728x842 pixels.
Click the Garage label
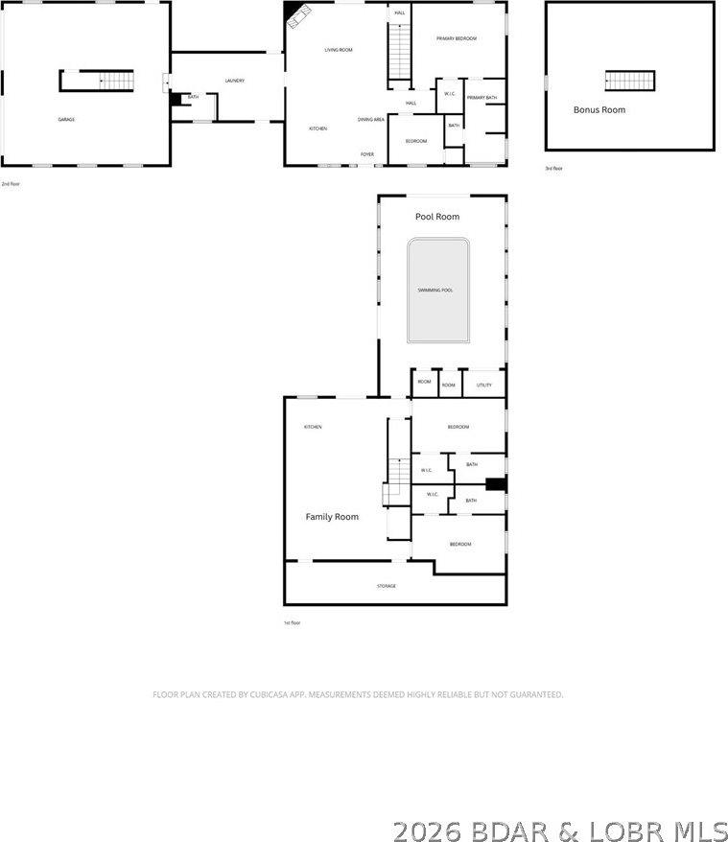click(66, 119)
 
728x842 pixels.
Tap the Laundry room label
click(235, 81)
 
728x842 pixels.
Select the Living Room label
click(338, 50)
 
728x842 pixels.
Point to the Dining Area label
click(371, 119)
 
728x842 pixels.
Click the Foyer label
click(367, 153)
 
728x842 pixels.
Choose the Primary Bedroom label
click(457, 38)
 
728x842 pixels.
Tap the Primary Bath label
click(481, 98)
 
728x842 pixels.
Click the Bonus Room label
click(599, 110)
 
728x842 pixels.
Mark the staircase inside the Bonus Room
click(630, 80)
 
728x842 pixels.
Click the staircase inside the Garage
click(115, 81)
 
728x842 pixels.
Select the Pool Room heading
click(437, 217)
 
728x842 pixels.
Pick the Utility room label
click(484, 385)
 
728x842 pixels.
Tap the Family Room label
click(332, 517)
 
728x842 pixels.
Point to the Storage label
click(386, 585)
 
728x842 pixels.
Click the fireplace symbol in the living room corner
click(296, 15)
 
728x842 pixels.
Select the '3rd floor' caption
click(553, 168)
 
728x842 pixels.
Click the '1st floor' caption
click(293, 622)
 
